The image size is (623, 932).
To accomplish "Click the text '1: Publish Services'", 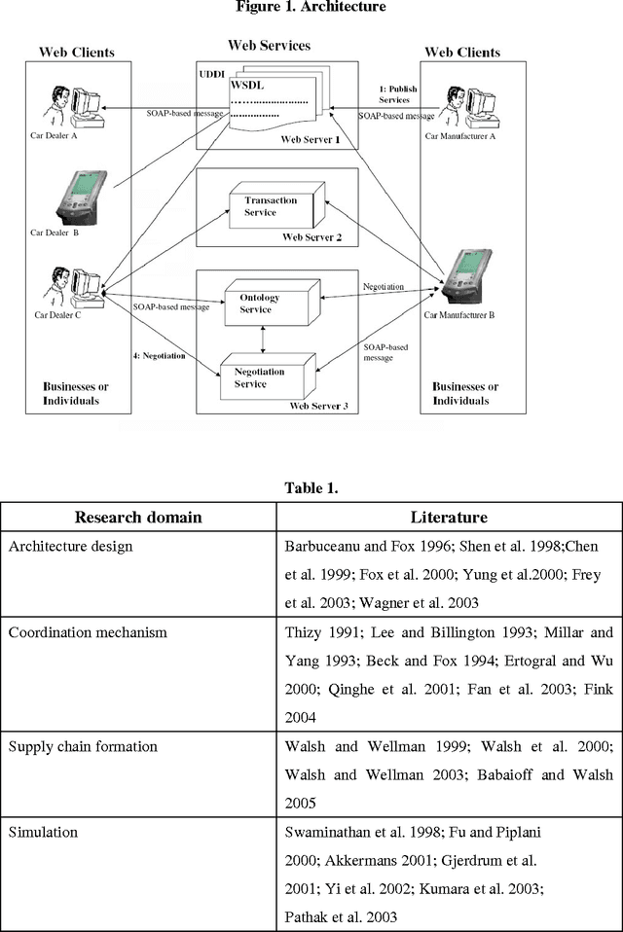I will click(396, 94).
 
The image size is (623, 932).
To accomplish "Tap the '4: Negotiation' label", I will click(159, 355).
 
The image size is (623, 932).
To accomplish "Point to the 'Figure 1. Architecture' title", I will click(311, 7).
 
